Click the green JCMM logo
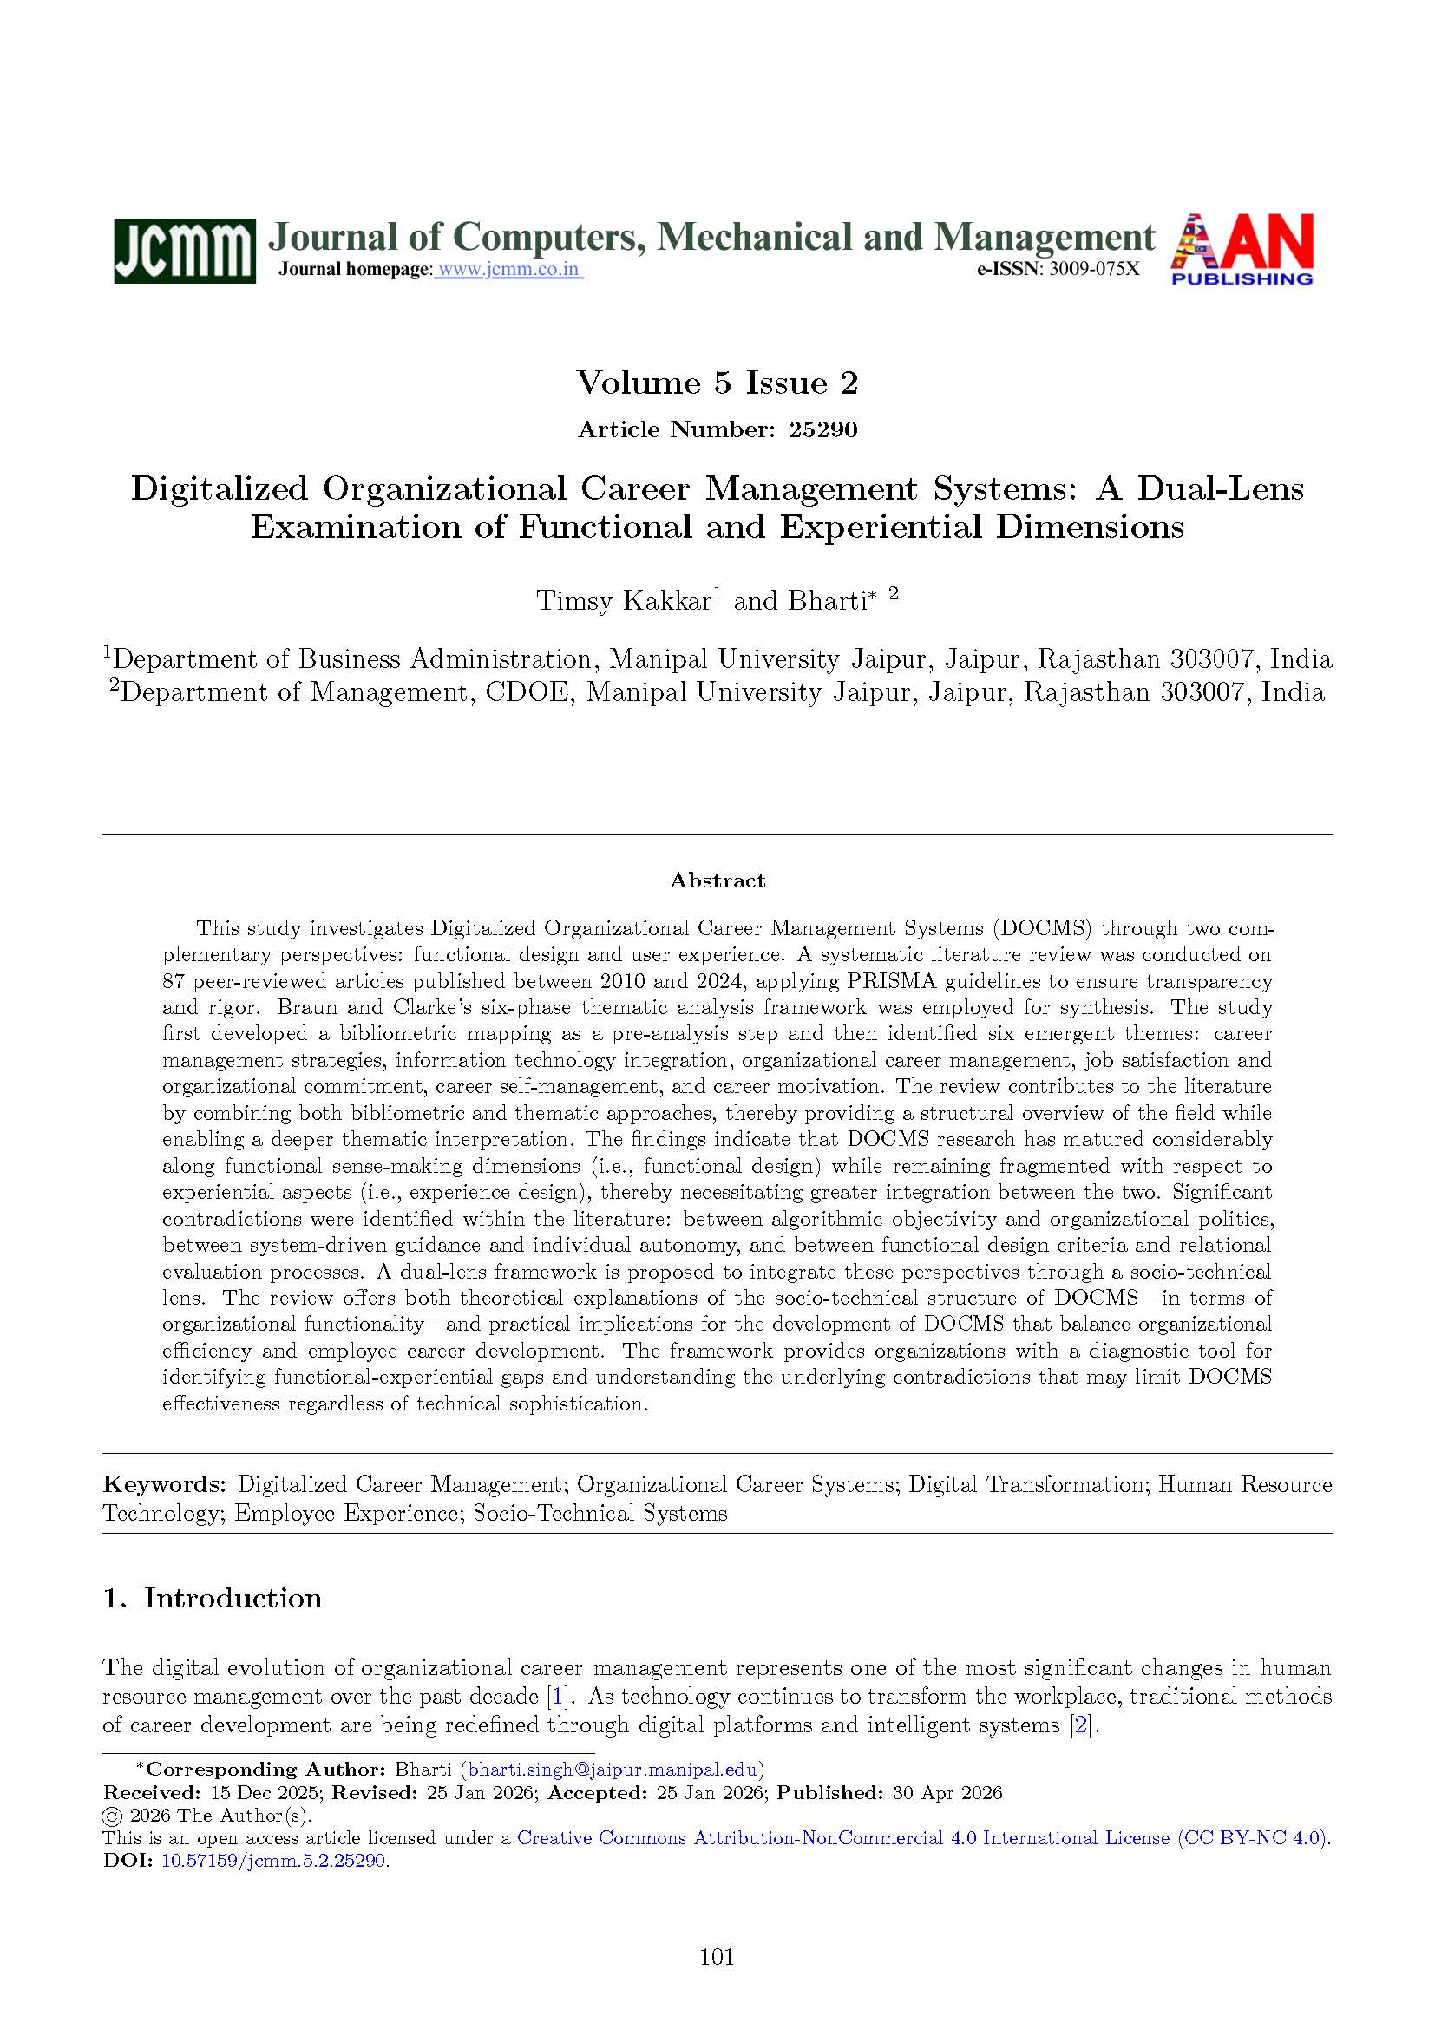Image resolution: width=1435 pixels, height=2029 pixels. click(184, 250)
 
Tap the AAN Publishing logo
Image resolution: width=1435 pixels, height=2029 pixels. click(1242, 249)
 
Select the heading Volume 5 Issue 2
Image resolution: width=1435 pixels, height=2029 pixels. click(717, 383)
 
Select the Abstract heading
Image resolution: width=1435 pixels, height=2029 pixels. click(717, 880)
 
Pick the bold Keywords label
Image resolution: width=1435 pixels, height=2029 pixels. click(165, 1484)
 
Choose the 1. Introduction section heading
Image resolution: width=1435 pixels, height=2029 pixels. click(212, 1599)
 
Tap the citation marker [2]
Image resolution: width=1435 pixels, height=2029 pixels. click(1082, 1725)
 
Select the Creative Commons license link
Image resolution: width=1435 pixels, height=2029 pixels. click(922, 1838)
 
